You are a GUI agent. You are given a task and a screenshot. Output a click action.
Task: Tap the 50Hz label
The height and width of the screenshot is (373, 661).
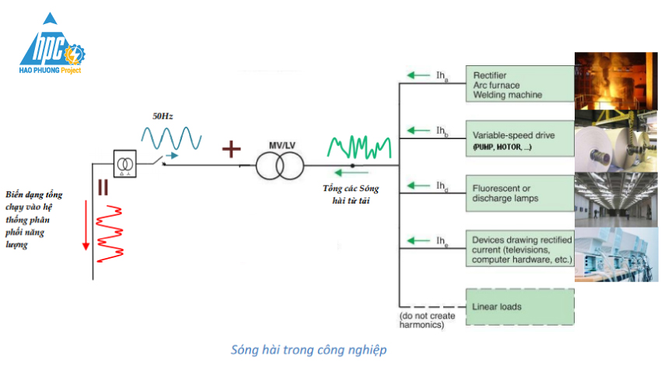(162, 116)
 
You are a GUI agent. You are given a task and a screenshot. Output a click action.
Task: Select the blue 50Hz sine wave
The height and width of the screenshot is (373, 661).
(171, 138)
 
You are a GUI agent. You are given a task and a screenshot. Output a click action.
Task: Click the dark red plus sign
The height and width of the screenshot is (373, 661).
(232, 149)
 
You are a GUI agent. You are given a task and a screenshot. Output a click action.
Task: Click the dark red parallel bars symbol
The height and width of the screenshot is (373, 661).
(102, 187)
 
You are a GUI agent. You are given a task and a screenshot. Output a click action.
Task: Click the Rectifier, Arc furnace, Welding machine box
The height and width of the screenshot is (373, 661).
(519, 85)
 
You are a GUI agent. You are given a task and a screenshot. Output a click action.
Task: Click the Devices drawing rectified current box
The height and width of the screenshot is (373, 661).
(519, 248)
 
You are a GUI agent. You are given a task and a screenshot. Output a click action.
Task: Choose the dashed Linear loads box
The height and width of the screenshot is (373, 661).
(519, 306)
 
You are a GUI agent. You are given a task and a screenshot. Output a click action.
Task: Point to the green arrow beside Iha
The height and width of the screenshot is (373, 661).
(418, 75)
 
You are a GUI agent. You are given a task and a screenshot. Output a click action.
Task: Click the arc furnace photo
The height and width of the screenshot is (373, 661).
(616, 81)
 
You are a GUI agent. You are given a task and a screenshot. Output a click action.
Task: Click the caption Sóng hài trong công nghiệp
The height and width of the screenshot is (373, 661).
(309, 350)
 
